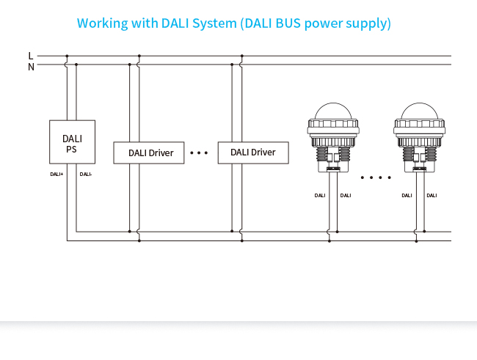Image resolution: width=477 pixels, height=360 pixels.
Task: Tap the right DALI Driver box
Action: [253, 153]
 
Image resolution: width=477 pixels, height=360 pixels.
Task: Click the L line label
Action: [30, 56]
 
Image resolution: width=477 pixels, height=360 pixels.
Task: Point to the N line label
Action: [31, 66]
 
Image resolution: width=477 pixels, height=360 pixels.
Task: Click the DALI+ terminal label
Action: [57, 175]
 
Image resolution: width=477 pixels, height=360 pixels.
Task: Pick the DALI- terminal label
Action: [86, 175]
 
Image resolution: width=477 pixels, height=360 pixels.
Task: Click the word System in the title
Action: [211, 23]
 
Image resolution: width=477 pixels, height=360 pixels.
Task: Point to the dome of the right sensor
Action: [422, 111]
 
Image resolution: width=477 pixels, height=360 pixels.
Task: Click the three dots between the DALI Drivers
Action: [199, 153]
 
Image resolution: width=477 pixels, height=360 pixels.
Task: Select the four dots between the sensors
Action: [377, 177]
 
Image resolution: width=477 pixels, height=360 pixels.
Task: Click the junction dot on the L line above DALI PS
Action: [67, 56]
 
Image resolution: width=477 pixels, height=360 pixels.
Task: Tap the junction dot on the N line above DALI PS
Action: [76, 65]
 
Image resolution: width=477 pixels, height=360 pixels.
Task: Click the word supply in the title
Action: [368, 23]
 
